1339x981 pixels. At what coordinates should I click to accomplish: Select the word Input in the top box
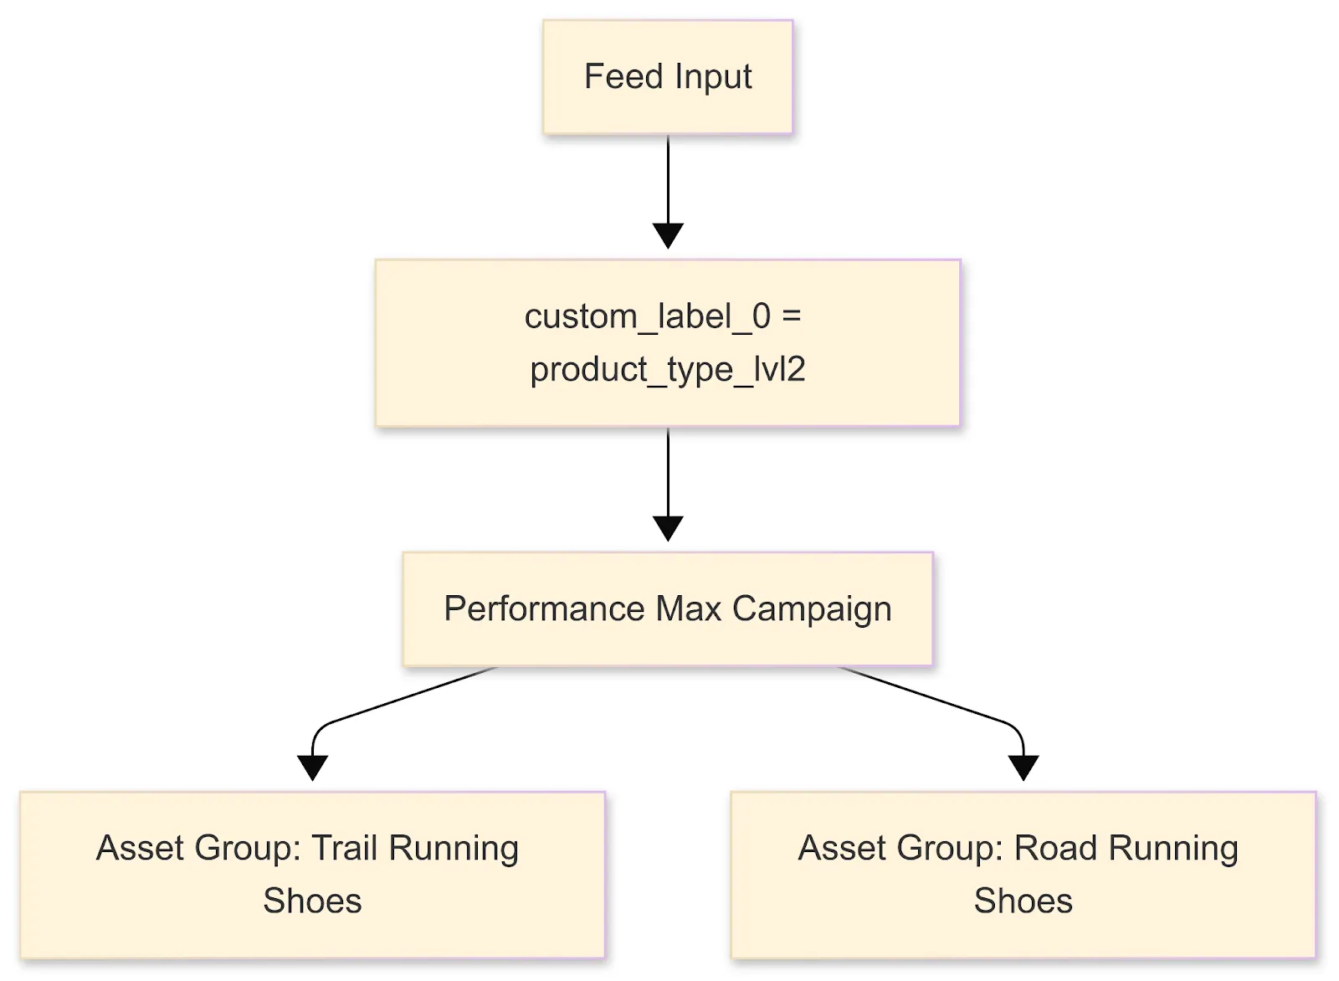click(x=713, y=78)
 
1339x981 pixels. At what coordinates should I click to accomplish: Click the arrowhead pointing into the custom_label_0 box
click(x=668, y=235)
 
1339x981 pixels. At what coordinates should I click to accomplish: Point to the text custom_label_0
click(x=647, y=316)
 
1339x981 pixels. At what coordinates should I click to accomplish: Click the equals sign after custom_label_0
click(x=791, y=316)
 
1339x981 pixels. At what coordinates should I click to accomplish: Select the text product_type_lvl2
click(x=668, y=369)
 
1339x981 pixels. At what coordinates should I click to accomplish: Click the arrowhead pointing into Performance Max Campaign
click(x=668, y=528)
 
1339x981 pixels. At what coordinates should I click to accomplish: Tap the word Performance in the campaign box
click(x=544, y=609)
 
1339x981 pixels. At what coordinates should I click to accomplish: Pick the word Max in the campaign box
click(x=688, y=609)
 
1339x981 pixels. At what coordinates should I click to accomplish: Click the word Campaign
click(x=812, y=609)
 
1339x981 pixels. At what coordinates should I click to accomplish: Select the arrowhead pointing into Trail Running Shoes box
click(x=312, y=767)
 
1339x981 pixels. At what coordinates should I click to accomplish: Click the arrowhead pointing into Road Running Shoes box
click(x=1023, y=767)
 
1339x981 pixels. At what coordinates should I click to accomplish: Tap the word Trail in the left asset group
click(x=344, y=848)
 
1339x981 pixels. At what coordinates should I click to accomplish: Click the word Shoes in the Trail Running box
click(x=312, y=901)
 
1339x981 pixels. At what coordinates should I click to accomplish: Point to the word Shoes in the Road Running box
click(x=1023, y=901)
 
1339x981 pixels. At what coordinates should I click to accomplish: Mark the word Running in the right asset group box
click(x=1173, y=848)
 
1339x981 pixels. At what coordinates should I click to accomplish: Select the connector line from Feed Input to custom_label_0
click(x=668, y=180)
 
